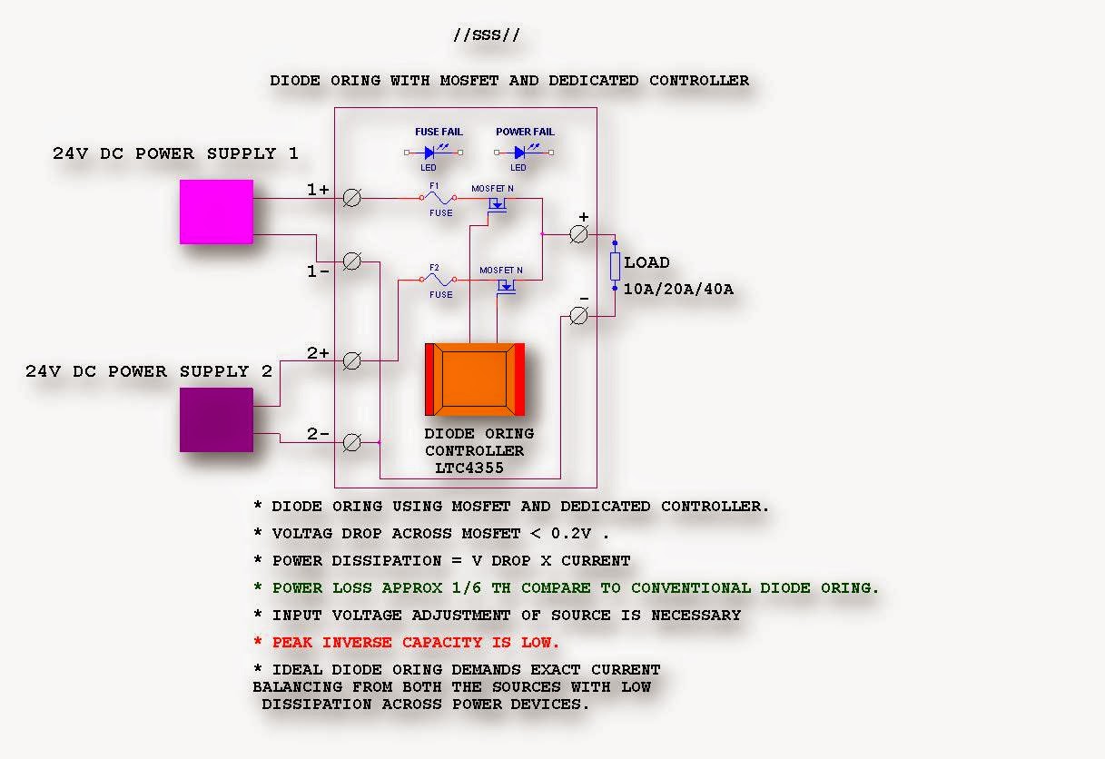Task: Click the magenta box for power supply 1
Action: pyautogui.click(x=216, y=212)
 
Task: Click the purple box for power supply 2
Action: pyautogui.click(x=216, y=419)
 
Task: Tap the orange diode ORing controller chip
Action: pyautogui.click(x=475, y=379)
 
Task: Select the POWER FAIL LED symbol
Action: pyautogui.click(x=520, y=153)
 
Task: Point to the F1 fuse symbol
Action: pyautogui.click(x=439, y=197)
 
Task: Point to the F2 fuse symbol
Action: pyautogui.click(x=440, y=280)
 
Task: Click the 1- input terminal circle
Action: pyautogui.click(x=352, y=261)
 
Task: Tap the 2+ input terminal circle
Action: pyautogui.click(x=352, y=360)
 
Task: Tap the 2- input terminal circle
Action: pyautogui.click(x=352, y=442)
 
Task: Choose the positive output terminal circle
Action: pyautogui.click(x=578, y=234)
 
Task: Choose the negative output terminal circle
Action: pyautogui.click(x=578, y=315)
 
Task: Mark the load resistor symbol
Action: pyautogui.click(x=615, y=266)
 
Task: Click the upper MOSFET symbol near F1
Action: pyautogui.click(x=496, y=207)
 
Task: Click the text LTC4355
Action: pyautogui.click(x=469, y=468)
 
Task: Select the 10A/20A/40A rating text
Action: pyautogui.click(x=678, y=290)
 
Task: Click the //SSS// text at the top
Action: pyautogui.click(x=487, y=35)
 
